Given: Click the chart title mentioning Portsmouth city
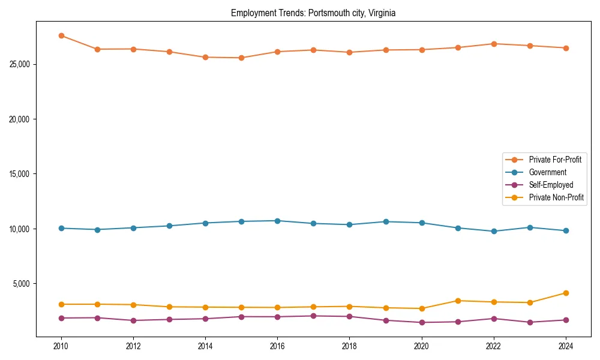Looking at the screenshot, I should coord(313,13).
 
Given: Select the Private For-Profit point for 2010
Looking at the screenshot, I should coord(61,35).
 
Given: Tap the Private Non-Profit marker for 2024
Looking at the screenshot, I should coord(566,293).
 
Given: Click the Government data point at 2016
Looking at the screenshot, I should coord(277,221).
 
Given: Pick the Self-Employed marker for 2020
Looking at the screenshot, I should coord(422,322).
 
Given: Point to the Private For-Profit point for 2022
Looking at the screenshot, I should coord(494,44).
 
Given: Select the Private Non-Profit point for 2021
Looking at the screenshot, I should coord(458,301).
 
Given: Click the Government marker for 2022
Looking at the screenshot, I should coord(494,231).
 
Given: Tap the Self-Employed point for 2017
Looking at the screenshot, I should coord(313,316).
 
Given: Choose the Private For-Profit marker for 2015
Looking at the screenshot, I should coord(241,58).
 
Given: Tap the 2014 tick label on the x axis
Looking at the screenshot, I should coord(205,346).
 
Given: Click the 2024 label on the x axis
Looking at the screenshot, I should coord(566,346).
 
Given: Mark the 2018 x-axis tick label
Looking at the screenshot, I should coord(349,346).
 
